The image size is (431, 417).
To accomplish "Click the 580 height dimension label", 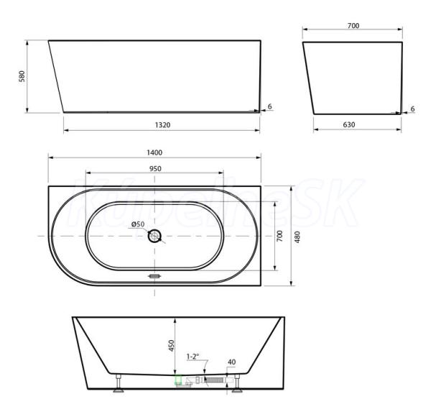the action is point(22,76).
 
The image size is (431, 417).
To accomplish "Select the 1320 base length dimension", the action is point(163,125).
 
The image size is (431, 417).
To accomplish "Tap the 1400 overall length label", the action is point(154,152).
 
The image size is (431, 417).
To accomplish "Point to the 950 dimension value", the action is point(155,169).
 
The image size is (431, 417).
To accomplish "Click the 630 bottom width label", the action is point(349,124).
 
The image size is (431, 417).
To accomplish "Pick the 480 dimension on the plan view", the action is point(297,237).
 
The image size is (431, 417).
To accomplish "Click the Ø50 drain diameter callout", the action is point(138,224).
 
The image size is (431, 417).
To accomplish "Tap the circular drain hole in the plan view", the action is point(154,236).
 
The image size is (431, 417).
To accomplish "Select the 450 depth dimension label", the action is point(171,346).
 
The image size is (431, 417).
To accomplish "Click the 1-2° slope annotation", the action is point(193,357).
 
